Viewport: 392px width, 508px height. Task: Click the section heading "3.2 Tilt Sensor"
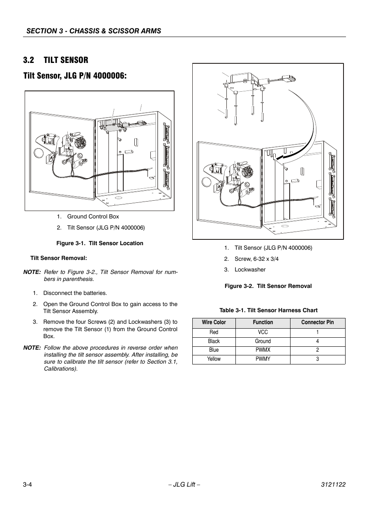tap(55, 60)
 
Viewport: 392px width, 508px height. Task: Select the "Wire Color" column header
tap(214, 322)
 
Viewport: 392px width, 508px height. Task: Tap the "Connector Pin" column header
tap(317, 322)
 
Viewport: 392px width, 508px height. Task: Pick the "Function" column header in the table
tap(263, 322)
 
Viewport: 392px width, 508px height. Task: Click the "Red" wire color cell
tap(214, 332)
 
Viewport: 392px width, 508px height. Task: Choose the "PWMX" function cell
tap(263, 350)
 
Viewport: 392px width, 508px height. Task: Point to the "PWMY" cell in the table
tap(263, 359)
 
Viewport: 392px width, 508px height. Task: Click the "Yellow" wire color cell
tap(214, 359)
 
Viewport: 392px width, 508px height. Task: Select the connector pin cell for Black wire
tap(317, 341)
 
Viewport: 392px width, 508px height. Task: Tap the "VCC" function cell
tap(263, 332)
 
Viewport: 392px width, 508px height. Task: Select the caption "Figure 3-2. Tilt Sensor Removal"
tap(268, 286)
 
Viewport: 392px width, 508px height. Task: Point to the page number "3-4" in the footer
tap(28, 485)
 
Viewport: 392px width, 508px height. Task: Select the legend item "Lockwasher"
tap(250, 269)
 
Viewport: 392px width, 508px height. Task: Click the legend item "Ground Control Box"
tap(93, 216)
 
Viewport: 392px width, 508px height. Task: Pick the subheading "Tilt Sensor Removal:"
tap(58, 258)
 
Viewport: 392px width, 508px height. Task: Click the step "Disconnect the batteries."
tap(75, 293)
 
